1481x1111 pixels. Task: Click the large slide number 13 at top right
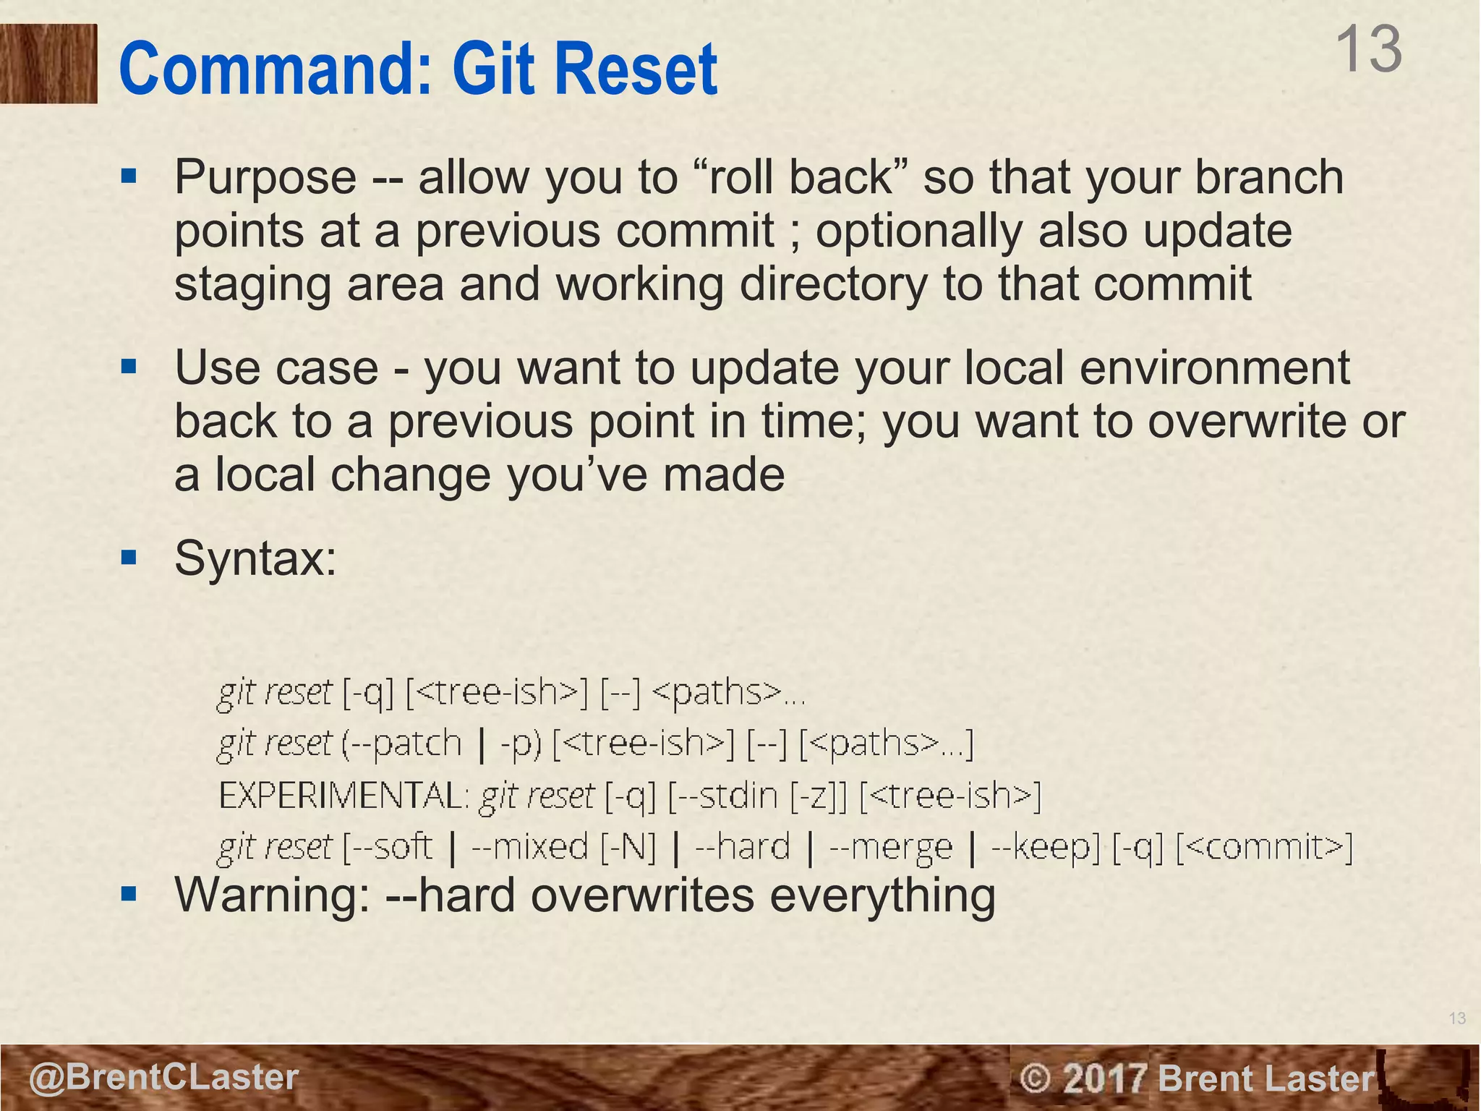(1367, 49)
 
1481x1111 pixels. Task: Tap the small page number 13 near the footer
(1457, 1018)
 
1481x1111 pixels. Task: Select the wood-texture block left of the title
(48, 64)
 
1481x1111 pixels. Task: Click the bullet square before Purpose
(129, 176)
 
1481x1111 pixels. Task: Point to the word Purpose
(265, 178)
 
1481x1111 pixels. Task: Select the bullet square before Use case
(129, 367)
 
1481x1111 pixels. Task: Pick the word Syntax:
(255, 558)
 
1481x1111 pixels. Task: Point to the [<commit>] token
(1264, 846)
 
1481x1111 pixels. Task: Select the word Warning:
(272, 895)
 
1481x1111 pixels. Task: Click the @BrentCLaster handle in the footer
(163, 1077)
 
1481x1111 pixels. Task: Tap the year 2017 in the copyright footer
(1106, 1078)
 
